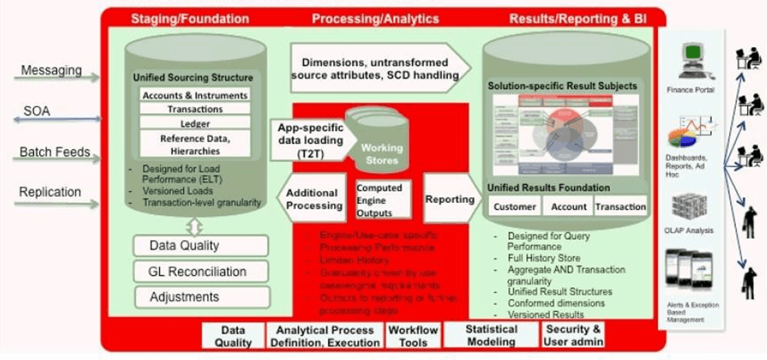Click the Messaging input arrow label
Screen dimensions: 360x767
pos(51,70)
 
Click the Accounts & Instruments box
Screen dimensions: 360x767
pos(194,96)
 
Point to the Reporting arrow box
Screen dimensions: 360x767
pos(450,199)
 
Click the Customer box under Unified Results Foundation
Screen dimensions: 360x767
pos(514,207)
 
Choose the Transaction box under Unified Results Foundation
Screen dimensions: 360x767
pos(620,207)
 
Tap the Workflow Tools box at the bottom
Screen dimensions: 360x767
pos(412,335)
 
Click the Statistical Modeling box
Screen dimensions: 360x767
pos(490,335)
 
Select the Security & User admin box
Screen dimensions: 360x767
pos(573,335)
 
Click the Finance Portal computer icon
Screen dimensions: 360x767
pos(691,63)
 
